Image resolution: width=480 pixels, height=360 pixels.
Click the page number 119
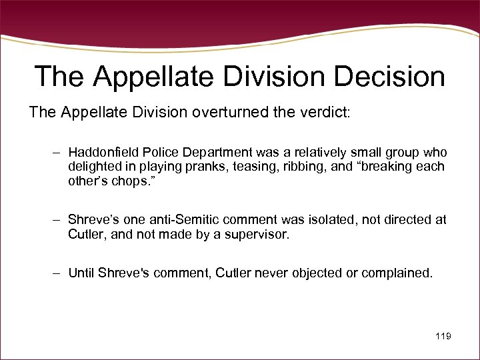443,337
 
